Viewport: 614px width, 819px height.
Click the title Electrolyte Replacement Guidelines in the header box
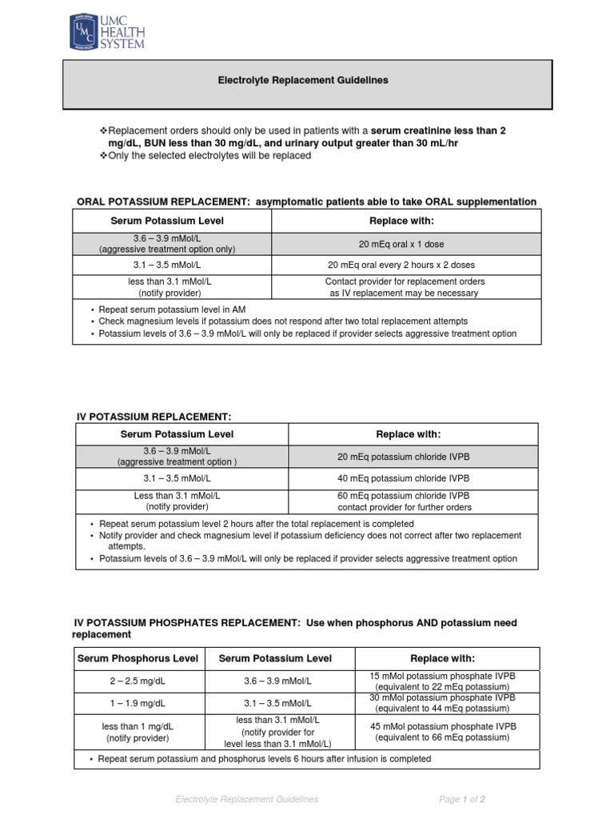(x=304, y=81)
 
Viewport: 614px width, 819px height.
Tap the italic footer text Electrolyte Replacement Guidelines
(x=247, y=799)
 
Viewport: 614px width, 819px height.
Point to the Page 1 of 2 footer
(x=463, y=799)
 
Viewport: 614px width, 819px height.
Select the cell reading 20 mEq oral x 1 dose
(x=406, y=244)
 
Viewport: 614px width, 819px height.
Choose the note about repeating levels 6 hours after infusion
(x=264, y=758)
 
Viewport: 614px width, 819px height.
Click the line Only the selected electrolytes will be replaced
(x=205, y=155)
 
